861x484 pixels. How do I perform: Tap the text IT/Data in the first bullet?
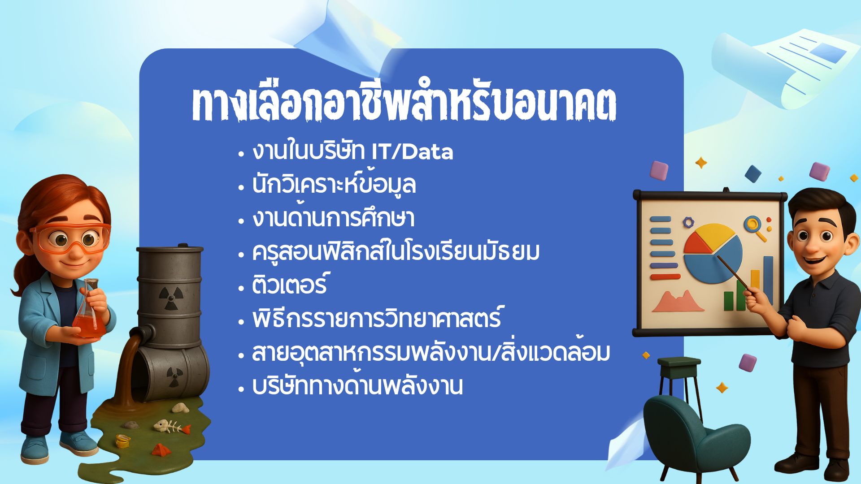click(413, 152)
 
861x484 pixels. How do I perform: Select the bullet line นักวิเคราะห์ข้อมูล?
click(334, 184)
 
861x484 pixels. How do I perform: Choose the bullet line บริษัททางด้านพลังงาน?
click(357, 385)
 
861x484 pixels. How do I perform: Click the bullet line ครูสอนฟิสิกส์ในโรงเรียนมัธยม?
click(396, 251)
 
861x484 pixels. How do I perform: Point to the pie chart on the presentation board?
click(712, 253)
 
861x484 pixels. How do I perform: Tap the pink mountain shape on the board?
click(678, 302)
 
